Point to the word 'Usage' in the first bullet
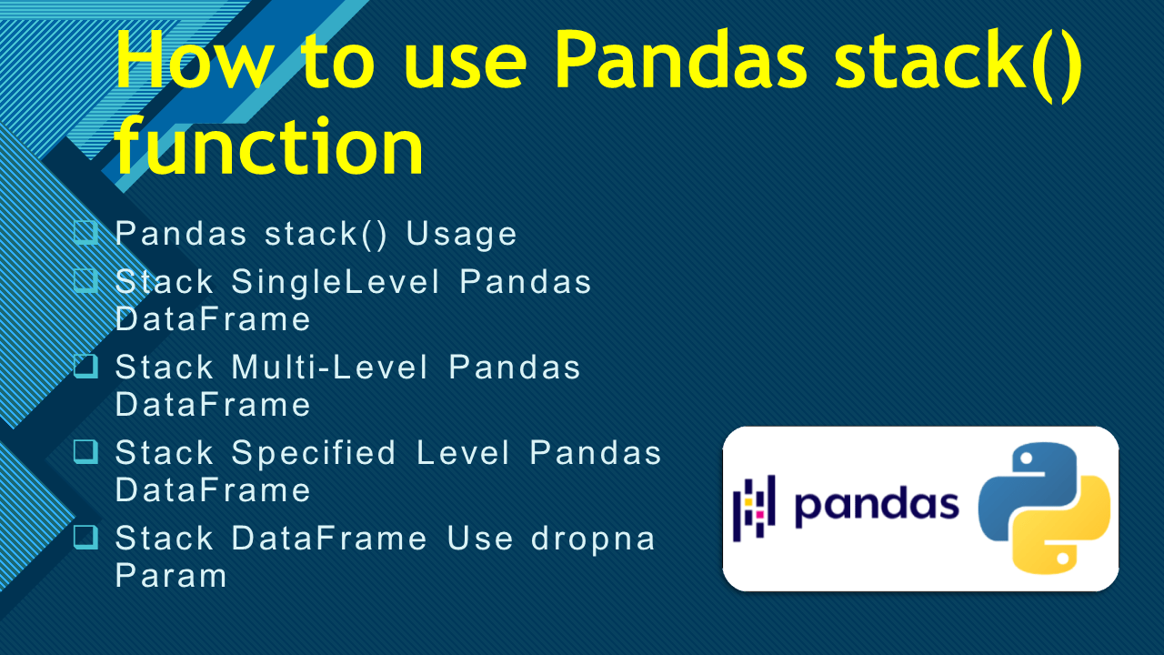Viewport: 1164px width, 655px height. (462, 234)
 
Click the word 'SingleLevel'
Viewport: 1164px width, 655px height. (336, 282)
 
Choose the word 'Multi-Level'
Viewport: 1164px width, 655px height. (330, 368)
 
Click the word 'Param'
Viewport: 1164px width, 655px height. (171, 576)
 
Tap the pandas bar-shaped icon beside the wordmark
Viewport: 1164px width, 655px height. (754, 503)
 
